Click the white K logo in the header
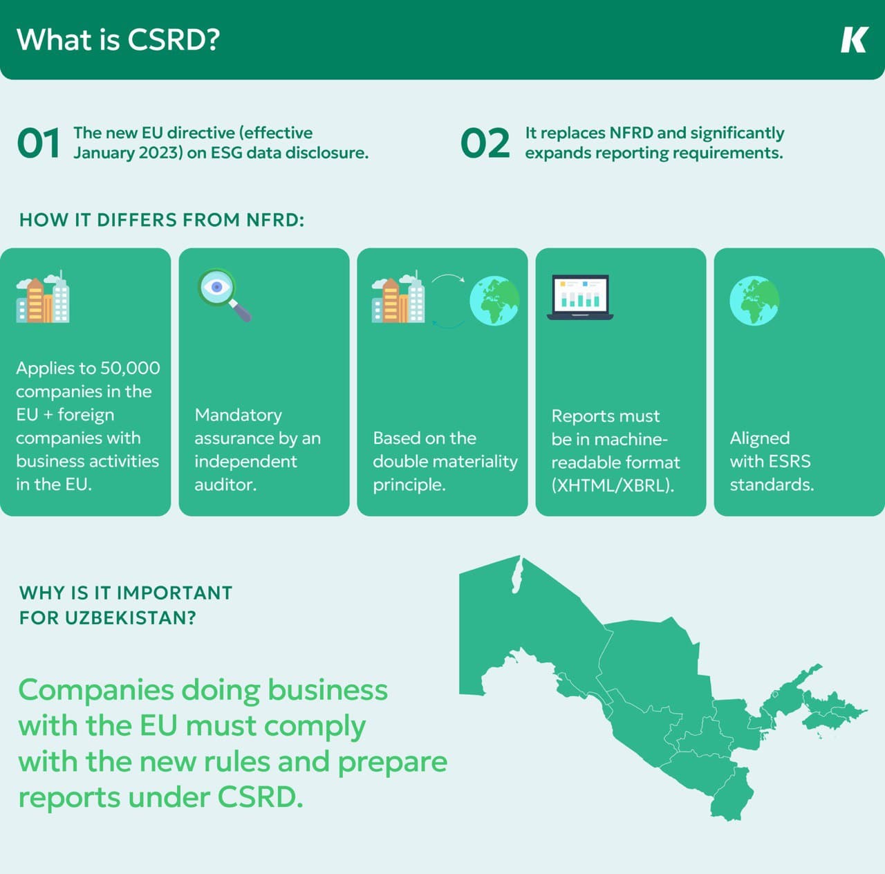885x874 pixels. (854, 39)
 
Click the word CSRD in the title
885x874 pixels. (174, 39)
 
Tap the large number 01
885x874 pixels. (39, 143)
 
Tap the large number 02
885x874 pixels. (485, 143)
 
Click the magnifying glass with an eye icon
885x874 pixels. (224, 295)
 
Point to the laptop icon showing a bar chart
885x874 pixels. (580, 297)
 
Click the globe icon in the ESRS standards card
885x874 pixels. (754, 301)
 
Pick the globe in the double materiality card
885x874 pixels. (494, 301)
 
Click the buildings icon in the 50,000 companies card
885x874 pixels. (43, 297)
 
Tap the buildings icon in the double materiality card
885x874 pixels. (398, 297)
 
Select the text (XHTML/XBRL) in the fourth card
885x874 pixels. (613, 485)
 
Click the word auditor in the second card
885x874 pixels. (225, 485)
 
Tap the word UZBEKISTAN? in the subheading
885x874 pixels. (131, 618)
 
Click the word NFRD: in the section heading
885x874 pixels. (275, 220)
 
